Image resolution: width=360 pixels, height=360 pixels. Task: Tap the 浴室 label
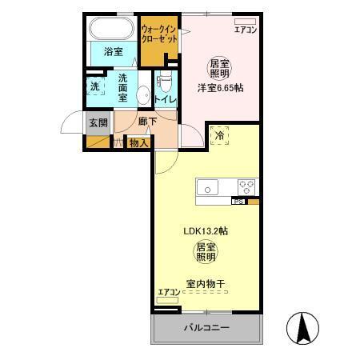[x=113, y=52]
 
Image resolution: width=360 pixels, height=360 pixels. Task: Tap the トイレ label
[x=166, y=99]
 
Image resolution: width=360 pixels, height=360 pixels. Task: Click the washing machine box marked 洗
[x=95, y=86]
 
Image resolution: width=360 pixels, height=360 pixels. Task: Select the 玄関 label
[x=98, y=122]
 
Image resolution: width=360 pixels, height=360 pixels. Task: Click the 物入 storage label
[x=139, y=143]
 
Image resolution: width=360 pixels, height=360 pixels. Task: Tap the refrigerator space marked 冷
[x=219, y=136]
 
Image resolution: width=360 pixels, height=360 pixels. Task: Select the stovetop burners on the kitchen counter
[x=246, y=188]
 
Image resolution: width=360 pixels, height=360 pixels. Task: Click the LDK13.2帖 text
[x=206, y=230]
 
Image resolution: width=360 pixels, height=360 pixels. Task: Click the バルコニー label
[x=206, y=328]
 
